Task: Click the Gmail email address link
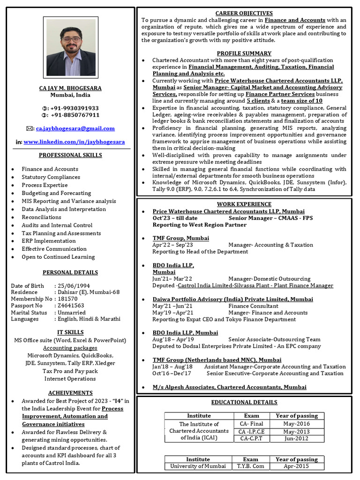(75, 128)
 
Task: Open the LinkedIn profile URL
(74, 142)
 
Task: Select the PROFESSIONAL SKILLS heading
(70, 155)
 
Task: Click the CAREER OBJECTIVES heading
(244, 13)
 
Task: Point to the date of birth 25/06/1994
(74, 286)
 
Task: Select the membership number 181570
(67, 299)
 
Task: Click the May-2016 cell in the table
(296, 424)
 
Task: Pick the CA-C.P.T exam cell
(251, 439)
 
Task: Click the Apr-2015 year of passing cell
(296, 466)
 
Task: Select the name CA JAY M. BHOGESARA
(70, 88)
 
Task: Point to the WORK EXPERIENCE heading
(244, 204)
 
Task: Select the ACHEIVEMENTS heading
(70, 393)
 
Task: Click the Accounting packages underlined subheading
(70, 348)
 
